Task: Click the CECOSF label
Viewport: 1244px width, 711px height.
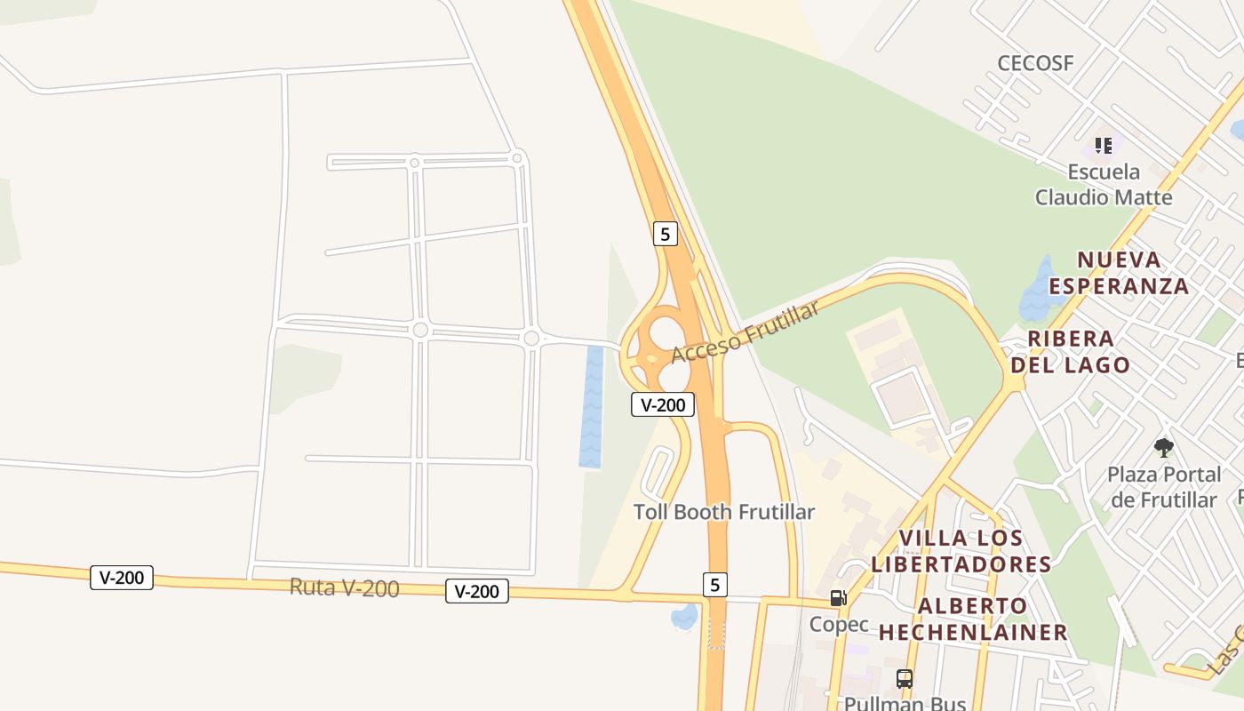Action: [1035, 63]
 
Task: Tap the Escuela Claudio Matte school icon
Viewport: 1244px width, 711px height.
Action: [1104, 145]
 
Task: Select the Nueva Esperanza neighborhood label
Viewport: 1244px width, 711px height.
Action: [1119, 273]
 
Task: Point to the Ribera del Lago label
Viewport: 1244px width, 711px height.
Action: [1070, 352]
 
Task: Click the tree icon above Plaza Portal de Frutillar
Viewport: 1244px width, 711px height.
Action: [1164, 447]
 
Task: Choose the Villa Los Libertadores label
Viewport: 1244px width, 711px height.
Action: [961, 551]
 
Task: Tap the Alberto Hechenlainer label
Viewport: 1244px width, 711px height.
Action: [973, 619]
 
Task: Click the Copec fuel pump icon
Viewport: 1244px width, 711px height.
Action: [838, 598]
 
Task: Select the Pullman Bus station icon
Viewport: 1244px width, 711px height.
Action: [905, 679]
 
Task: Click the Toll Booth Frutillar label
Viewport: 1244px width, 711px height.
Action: [723, 512]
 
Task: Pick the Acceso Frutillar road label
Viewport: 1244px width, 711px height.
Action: [745, 332]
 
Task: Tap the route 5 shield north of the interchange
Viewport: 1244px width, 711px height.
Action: [665, 234]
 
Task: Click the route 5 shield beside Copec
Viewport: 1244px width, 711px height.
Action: [715, 585]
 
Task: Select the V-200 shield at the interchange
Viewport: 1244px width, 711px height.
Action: [663, 404]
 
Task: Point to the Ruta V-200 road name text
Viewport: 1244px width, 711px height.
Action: [344, 587]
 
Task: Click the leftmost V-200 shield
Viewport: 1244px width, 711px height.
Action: [122, 578]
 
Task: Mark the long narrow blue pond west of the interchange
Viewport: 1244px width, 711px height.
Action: [592, 407]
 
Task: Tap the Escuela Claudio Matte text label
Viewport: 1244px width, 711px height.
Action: [1104, 184]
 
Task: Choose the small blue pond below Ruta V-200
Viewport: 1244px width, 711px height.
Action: [684, 616]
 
